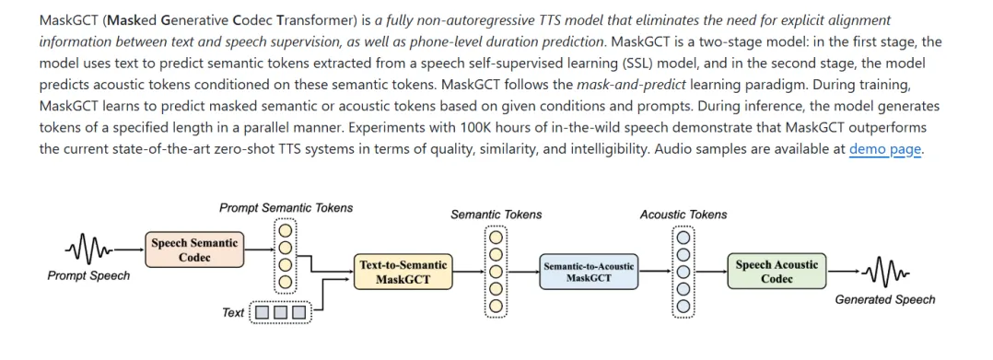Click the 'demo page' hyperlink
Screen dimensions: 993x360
884,150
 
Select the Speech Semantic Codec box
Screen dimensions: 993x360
194,250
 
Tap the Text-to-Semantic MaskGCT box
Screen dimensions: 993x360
403,272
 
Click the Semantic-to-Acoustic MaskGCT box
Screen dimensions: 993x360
589,272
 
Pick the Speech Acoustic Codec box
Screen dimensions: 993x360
777,272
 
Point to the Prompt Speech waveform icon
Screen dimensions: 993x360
88,250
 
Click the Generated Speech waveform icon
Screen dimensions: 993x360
884,273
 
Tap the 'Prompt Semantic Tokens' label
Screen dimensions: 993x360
286,208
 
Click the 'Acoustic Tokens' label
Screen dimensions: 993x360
683,215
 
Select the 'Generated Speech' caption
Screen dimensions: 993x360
884,300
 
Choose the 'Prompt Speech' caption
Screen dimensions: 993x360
88,276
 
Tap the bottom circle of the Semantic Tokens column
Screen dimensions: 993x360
496,307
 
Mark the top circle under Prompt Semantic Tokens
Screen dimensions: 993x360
286,229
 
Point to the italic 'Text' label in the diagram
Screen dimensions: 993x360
233,312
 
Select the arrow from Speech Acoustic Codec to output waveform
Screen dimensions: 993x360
844,273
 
